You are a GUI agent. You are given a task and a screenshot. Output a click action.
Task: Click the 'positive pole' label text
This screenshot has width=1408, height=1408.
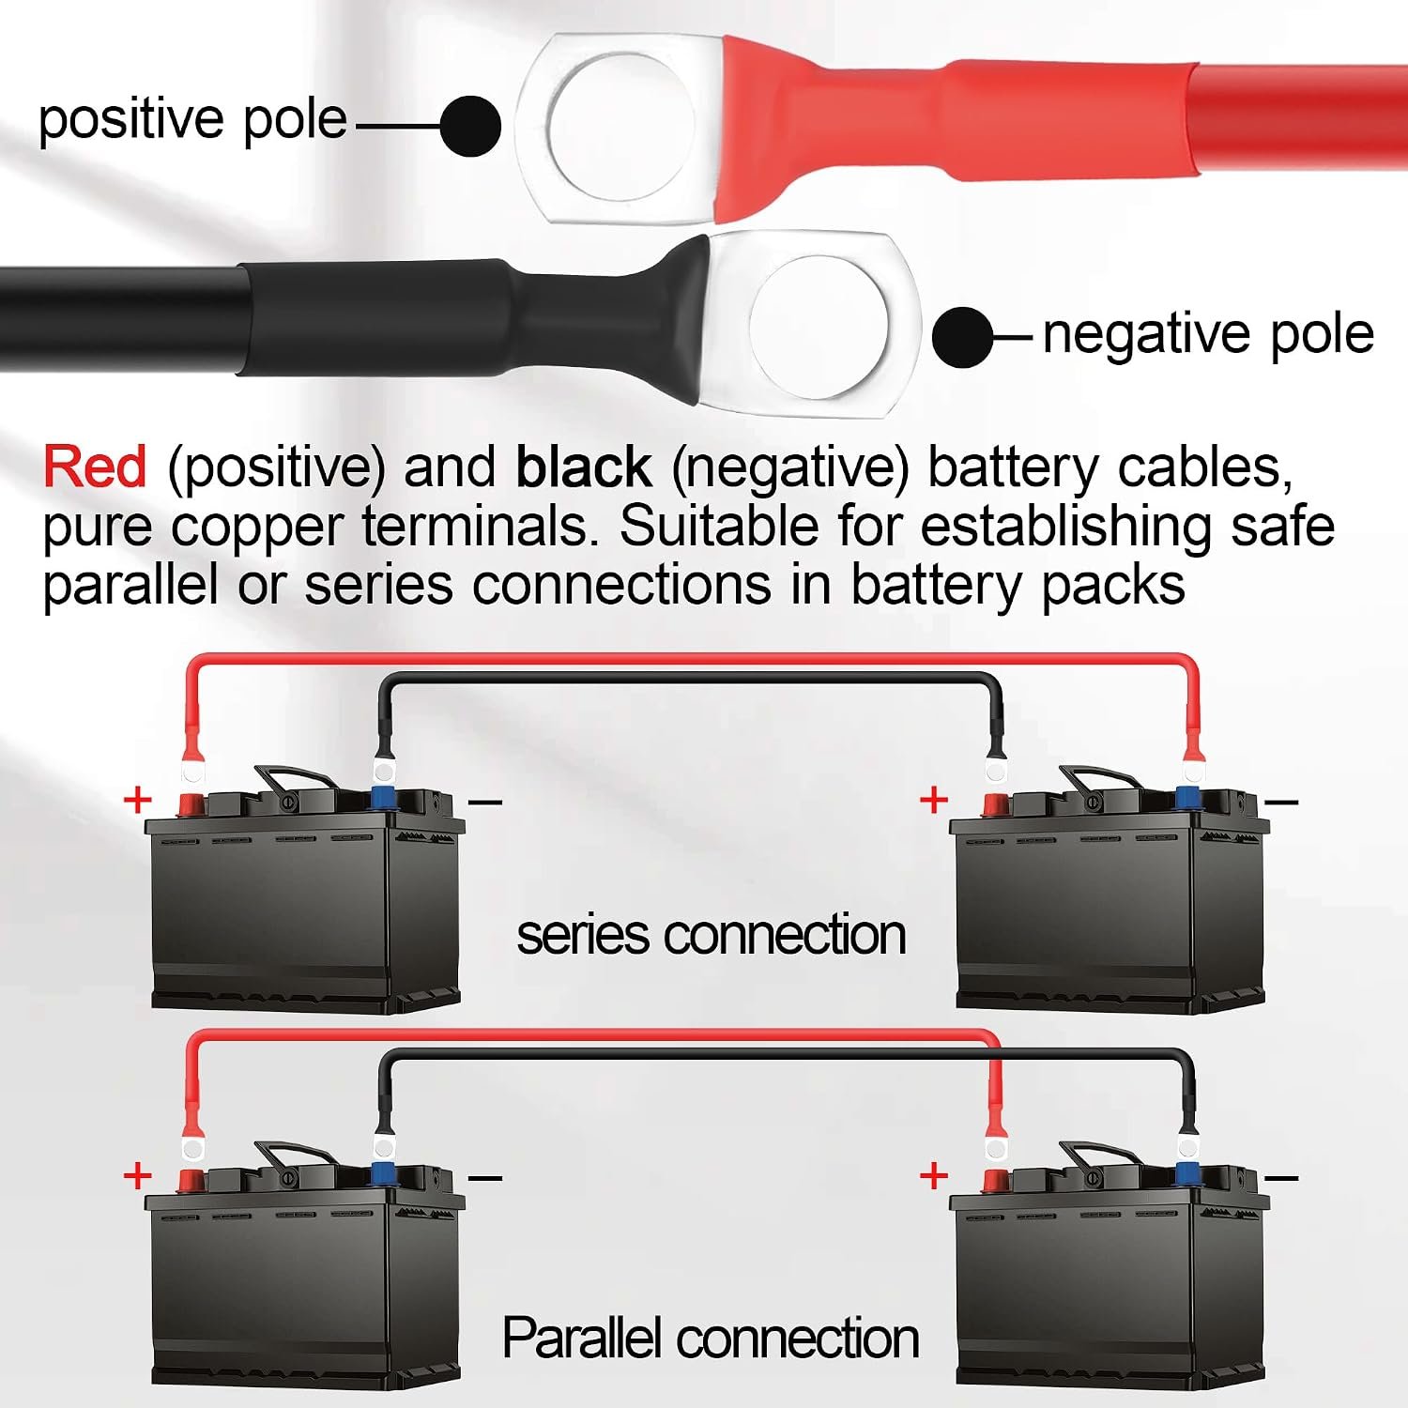click(x=192, y=121)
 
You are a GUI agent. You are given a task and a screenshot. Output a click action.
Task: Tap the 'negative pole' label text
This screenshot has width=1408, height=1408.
click(x=1208, y=334)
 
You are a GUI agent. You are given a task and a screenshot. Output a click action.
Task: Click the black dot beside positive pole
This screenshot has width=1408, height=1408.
click(x=470, y=126)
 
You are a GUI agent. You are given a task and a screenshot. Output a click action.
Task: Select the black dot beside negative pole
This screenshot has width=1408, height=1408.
click(x=963, y=336)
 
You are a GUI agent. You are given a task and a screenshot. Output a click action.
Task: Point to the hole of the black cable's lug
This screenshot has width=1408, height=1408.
click(x=819, y=324)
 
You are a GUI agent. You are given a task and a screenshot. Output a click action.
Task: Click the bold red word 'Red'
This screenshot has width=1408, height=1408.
click(x=95, y=467)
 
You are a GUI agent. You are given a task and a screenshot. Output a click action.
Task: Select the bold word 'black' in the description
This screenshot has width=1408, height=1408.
click(x=583, y=467)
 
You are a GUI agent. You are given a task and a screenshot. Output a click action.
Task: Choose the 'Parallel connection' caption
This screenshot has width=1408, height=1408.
click(x=711, y=1338)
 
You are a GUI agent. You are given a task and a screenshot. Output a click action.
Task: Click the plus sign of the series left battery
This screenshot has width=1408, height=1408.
click(x=138, y=800)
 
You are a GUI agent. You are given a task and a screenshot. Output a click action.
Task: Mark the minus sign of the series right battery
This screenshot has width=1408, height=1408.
click(x=1281, y=802)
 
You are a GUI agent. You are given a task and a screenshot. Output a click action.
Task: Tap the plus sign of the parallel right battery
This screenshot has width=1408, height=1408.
click(x=934, y=1175)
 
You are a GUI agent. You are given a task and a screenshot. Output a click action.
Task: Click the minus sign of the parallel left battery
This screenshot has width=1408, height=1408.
click(x=485, y=1177)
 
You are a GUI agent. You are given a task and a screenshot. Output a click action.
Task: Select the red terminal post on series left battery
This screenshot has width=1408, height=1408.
click(x=191, y=803)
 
